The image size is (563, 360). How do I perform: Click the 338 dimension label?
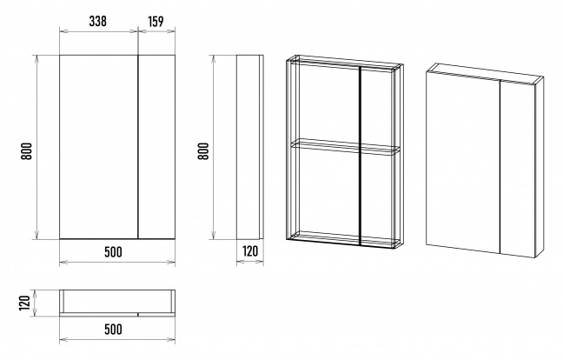[x=97, y=22]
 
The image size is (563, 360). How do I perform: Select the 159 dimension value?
[x=156, y=22]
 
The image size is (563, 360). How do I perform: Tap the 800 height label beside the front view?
[x=27, y=151]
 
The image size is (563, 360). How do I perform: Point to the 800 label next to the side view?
[x=203, y=151]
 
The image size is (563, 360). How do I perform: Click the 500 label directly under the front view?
[x=113, y=252]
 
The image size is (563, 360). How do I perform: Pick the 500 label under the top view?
[x=113, y=329]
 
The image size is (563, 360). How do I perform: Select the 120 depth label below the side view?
[x=250, y=251]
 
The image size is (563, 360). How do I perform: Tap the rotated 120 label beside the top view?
[x=24, y=303]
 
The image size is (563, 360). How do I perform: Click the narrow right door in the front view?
[x=157, y=147]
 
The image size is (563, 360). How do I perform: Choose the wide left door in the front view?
[x=99, y=147]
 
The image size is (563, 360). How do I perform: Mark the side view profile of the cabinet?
[x=250, y=147]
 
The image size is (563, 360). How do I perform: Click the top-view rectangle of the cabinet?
[x=117, y=303]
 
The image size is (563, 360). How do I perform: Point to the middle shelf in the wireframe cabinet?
[x=346, y=147]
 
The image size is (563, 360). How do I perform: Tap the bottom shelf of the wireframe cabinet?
[x=345, y=239]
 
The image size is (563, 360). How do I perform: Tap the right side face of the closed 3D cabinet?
[x=540, y=167]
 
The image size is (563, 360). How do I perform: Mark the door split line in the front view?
[x=138, y=147]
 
